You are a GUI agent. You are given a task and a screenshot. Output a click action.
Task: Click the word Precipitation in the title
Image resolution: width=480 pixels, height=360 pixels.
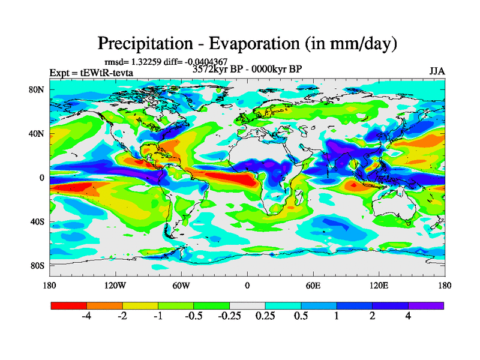(x=144, y=44)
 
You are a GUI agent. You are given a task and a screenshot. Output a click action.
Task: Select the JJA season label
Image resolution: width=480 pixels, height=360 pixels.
(x=437, y=71)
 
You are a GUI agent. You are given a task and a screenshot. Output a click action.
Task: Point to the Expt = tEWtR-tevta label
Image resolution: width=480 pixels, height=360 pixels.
(x=91, y=73)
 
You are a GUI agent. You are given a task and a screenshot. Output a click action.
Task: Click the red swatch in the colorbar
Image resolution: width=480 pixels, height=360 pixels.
(x=68, y=305)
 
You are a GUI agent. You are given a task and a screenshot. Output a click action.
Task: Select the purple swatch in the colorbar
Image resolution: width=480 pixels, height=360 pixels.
(x=426, y=305)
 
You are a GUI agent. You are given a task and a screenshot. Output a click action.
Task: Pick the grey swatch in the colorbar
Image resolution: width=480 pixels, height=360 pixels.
(x=247, y=305)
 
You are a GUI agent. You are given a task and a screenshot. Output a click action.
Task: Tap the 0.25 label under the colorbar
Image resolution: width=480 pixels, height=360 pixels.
(x=265, y=317)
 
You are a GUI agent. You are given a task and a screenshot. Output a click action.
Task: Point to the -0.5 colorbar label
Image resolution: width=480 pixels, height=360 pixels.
(x=193, y=317)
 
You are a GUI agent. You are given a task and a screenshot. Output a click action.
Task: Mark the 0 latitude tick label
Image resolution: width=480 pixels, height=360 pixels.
(x=42, y=178)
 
